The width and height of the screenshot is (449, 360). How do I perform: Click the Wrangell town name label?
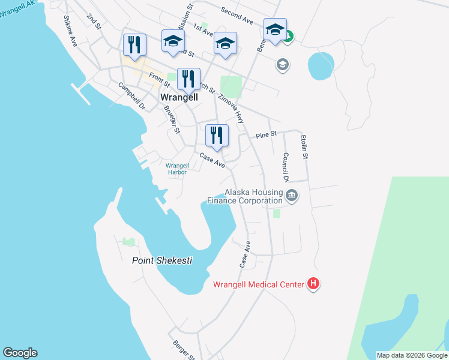pyautogui.click(x=180, y=97)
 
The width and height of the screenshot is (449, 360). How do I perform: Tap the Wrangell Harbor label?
pyautogui.click(x=177, y=169)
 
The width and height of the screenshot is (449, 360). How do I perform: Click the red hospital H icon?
pyautogui.click(x=313, y=284)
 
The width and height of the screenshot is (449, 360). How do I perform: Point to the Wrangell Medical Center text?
pyautogui.click(x=258, y=284)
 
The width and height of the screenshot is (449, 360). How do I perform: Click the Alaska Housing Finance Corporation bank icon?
pyautogui.click(x=292, y=195)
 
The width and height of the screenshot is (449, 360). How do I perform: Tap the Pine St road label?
pyautogui.click(x=266, y=136)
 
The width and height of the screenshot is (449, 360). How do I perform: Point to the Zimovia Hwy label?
pyautogui.click(x=231, y=108)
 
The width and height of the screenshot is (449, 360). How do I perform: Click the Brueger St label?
pyautogui.click(x=172, y=119)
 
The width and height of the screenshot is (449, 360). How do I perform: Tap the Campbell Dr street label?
pyautogui.click(x=132, y=95)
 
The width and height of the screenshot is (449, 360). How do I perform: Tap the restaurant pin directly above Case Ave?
pyautogui.click(x=216, y=136)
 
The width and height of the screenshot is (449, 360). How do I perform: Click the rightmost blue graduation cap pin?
pyautogui.click(x=274, y=30)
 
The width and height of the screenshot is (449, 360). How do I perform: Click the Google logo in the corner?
pyautogui.click(x=20, y=353)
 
